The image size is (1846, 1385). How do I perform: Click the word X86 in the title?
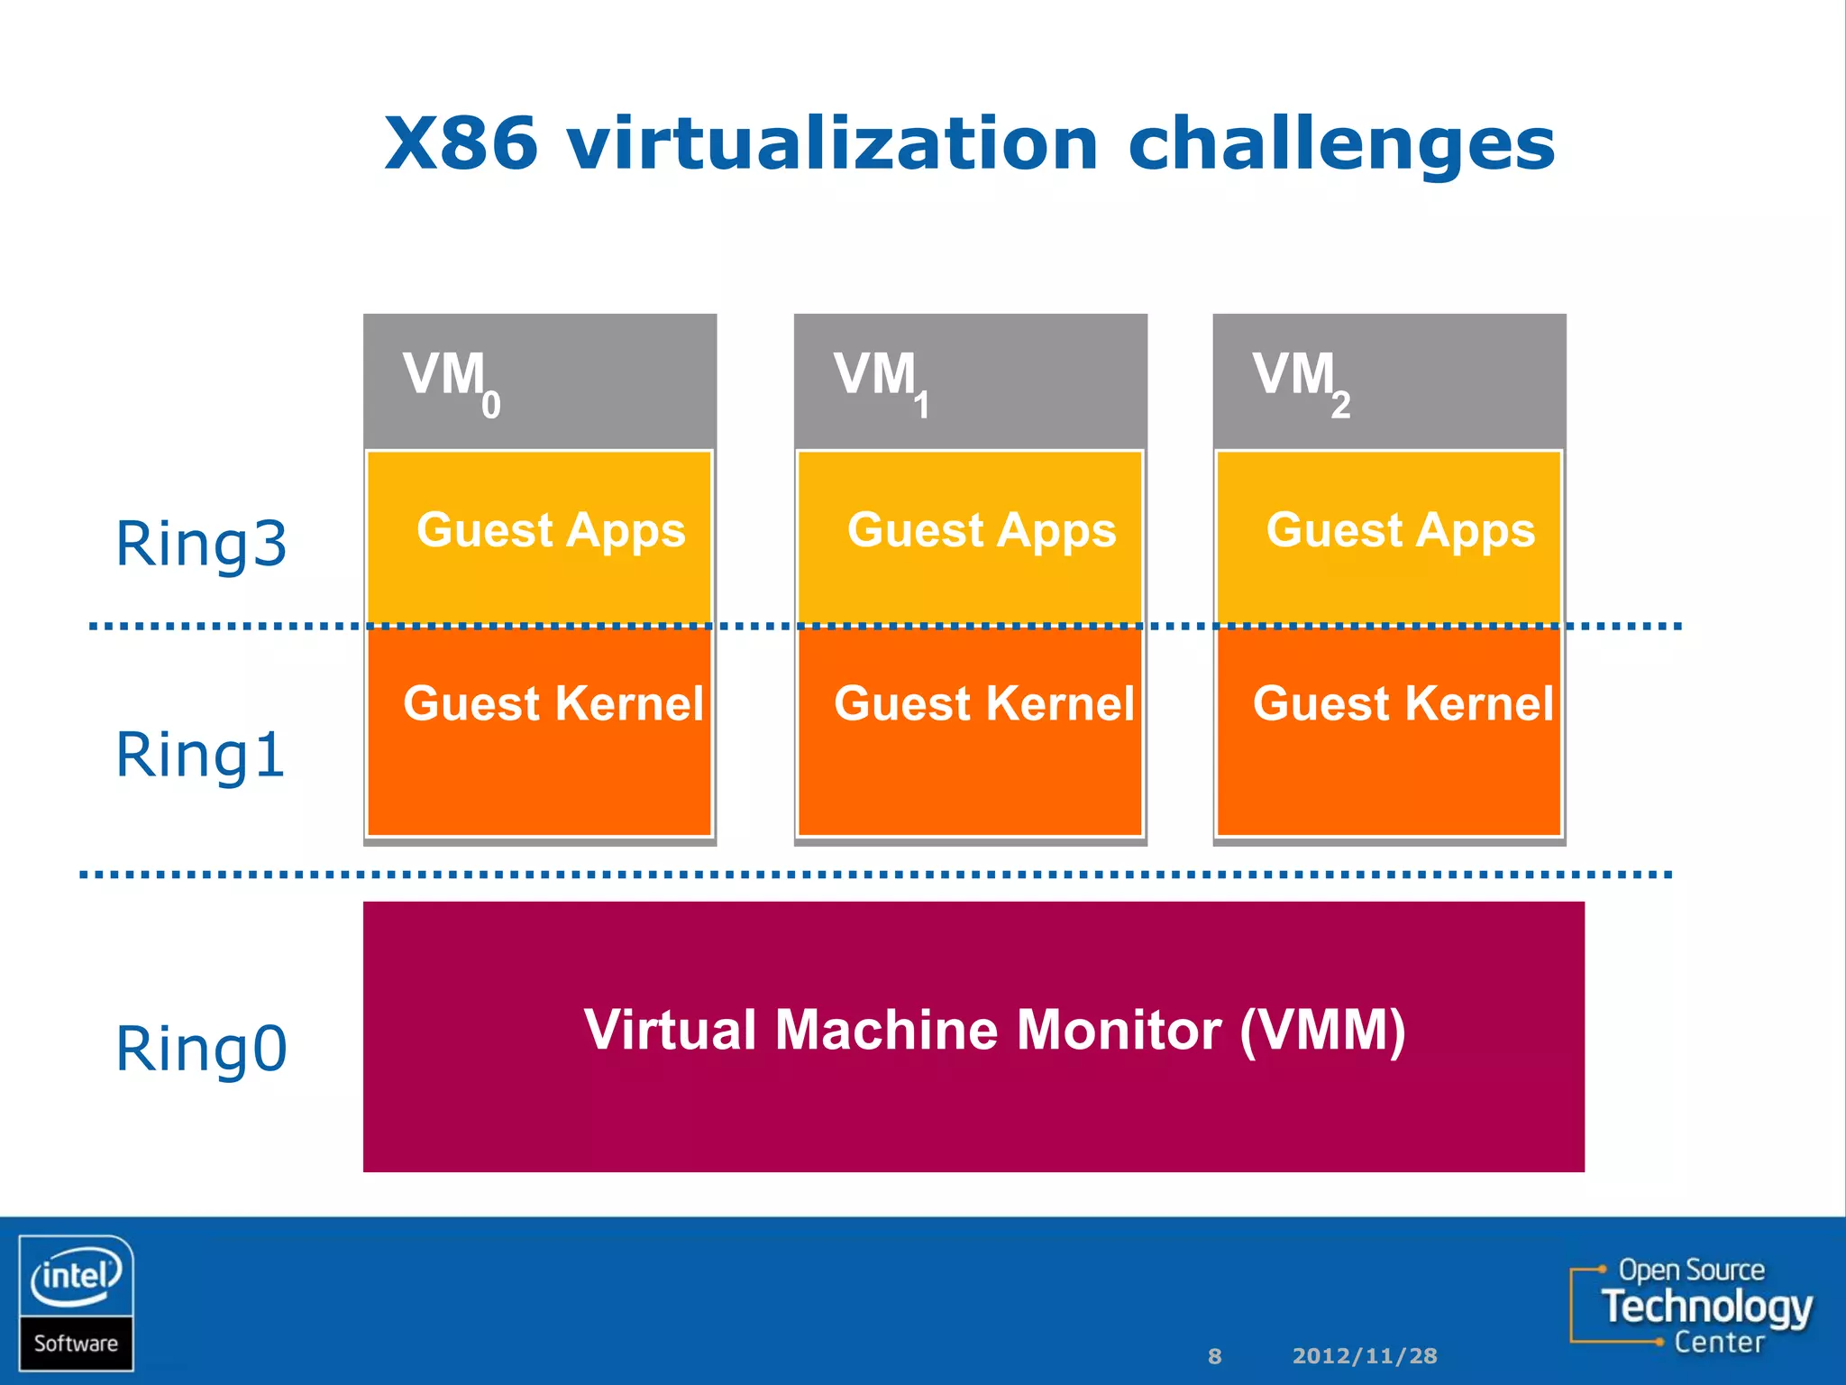click(461, 144)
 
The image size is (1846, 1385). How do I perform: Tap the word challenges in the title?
click(1340, 146)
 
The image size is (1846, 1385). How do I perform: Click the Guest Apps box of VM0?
click(540, 536)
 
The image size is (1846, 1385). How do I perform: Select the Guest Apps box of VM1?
click(971, 536)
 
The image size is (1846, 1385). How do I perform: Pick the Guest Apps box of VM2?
click(1389, 536)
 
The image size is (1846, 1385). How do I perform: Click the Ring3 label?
click(201, 545)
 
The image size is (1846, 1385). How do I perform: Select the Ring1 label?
click(200, 755)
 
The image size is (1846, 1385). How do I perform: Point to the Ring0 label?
click(201, 1050)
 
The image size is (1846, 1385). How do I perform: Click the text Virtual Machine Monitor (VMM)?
click(994, 1030)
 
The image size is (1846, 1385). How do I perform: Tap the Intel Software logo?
click(77, 1302)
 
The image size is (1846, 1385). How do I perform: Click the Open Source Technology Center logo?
click(1693, 1306)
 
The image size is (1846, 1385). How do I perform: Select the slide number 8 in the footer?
click(1214, 1356)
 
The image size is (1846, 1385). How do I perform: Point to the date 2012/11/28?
click(1364, 1356)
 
